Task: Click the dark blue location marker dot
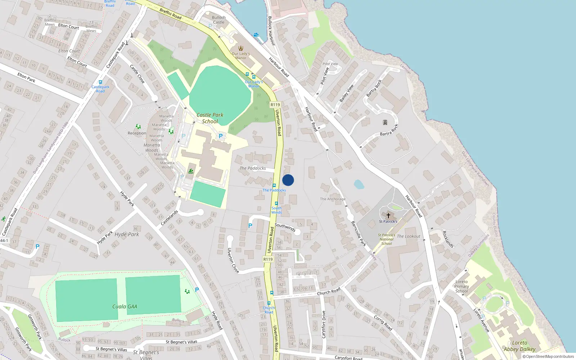(x=288, y=180)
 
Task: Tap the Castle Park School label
(x=210, y=118)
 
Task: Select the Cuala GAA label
(x=125, y=307)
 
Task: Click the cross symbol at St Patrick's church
(x=388, y=216)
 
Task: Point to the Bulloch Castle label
(x=219, y=20)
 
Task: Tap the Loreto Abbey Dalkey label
(x=519, y=346)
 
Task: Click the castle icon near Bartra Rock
(x=385, y=122)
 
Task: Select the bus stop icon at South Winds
(x=276, y=203)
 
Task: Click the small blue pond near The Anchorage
(x=359, y=184)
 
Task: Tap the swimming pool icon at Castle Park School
(x=191, y=171)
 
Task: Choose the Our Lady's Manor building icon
(x=241, y=48)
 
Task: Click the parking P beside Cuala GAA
(x=197, y=290)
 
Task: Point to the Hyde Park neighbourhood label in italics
(x=127, y=234)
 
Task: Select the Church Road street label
(x=329, y=291)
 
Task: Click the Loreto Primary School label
(x=462, y=287)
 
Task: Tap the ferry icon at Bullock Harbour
(x=256, y=35)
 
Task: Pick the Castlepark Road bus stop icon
(x=100, y=82)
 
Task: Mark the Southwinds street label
(x=285, y=227)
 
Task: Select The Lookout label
(x=409, y=237)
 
